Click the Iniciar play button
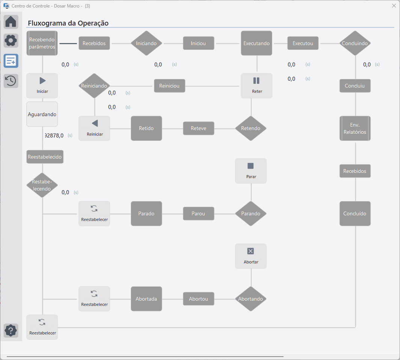pos(42,86)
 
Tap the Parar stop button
pos(251,171)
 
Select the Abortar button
pos(251,256)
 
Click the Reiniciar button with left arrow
pos(94,129)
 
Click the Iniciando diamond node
pos(146,43)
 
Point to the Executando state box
pos(257,43)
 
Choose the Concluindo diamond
pos(355,43)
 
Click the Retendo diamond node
pos(251,129)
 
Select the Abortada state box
pos(146,299)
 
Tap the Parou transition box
pos(198,213)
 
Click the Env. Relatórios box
pos(355,129)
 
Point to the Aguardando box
pos(42,114)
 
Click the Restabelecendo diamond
pos(42,185)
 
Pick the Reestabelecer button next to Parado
pos(94,213)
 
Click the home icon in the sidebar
pos(11,21)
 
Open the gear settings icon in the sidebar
pos(11,41)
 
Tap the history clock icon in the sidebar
pos(11,81)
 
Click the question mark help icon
pos(11,331)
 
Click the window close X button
pos(394,6)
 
